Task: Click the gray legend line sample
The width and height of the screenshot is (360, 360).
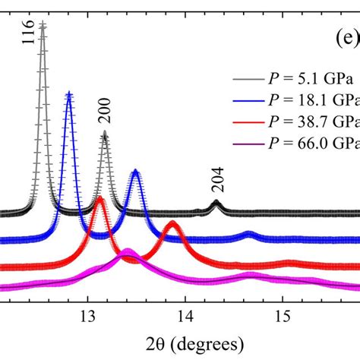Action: coord(245,77)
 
